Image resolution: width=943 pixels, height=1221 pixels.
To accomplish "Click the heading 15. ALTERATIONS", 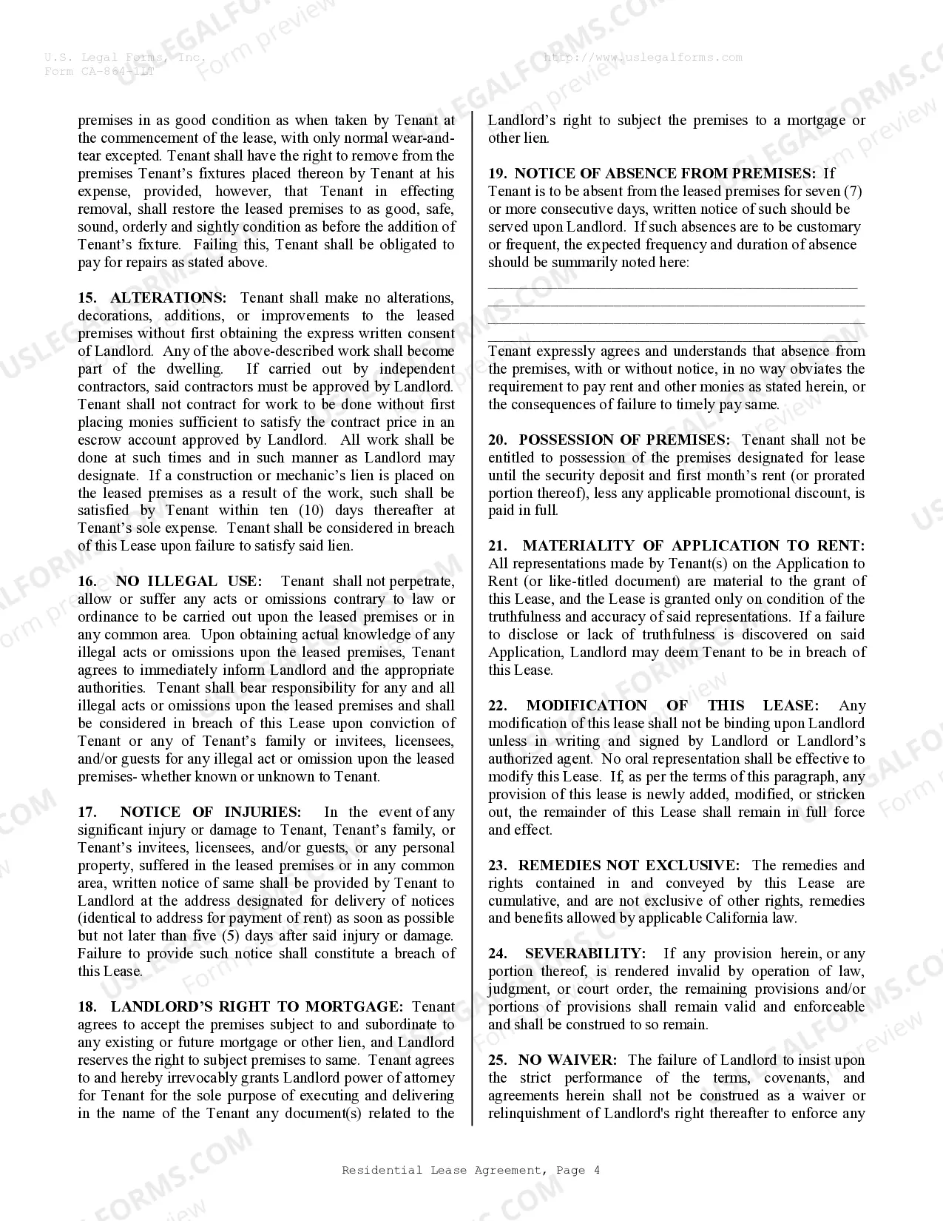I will tap(152, 297).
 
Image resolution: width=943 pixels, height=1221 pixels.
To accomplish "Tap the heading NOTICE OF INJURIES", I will tap(210, 812).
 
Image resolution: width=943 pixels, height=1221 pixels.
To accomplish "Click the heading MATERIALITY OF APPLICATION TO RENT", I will tap(692, 545).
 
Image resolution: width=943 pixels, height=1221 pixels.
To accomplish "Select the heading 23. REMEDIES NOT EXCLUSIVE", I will tap(613, 865).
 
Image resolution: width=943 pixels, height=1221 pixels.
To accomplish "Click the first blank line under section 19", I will tap(672, 286).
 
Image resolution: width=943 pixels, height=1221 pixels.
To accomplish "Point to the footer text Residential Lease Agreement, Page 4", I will tap(470, 1170).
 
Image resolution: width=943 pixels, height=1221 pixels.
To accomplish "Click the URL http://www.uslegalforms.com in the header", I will tap(642, 57).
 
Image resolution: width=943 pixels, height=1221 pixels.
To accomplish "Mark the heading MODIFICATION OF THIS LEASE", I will tap(672, 705).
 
